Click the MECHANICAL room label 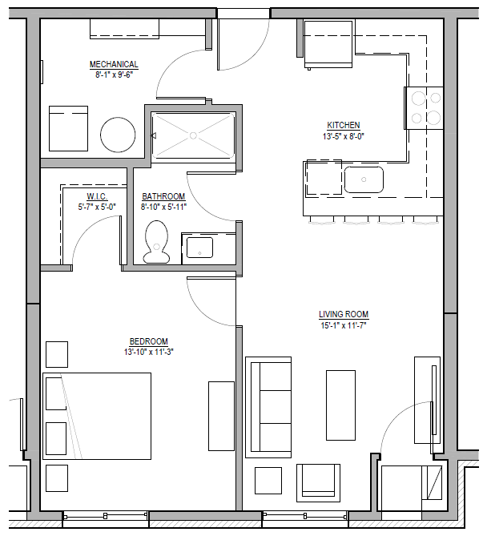click(113, 65)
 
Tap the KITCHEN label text click(343, 126)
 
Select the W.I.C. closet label click(96, 197)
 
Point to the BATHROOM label click(163, 197)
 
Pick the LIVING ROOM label click(344, 315)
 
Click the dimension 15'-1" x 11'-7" click(344, 325)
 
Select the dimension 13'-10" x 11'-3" click(149, 351)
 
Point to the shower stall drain click(193, 135)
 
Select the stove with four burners click(425, 107)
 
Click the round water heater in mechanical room click(118, 134)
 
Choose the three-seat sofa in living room click(269, 409)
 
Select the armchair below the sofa click(320, 481)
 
